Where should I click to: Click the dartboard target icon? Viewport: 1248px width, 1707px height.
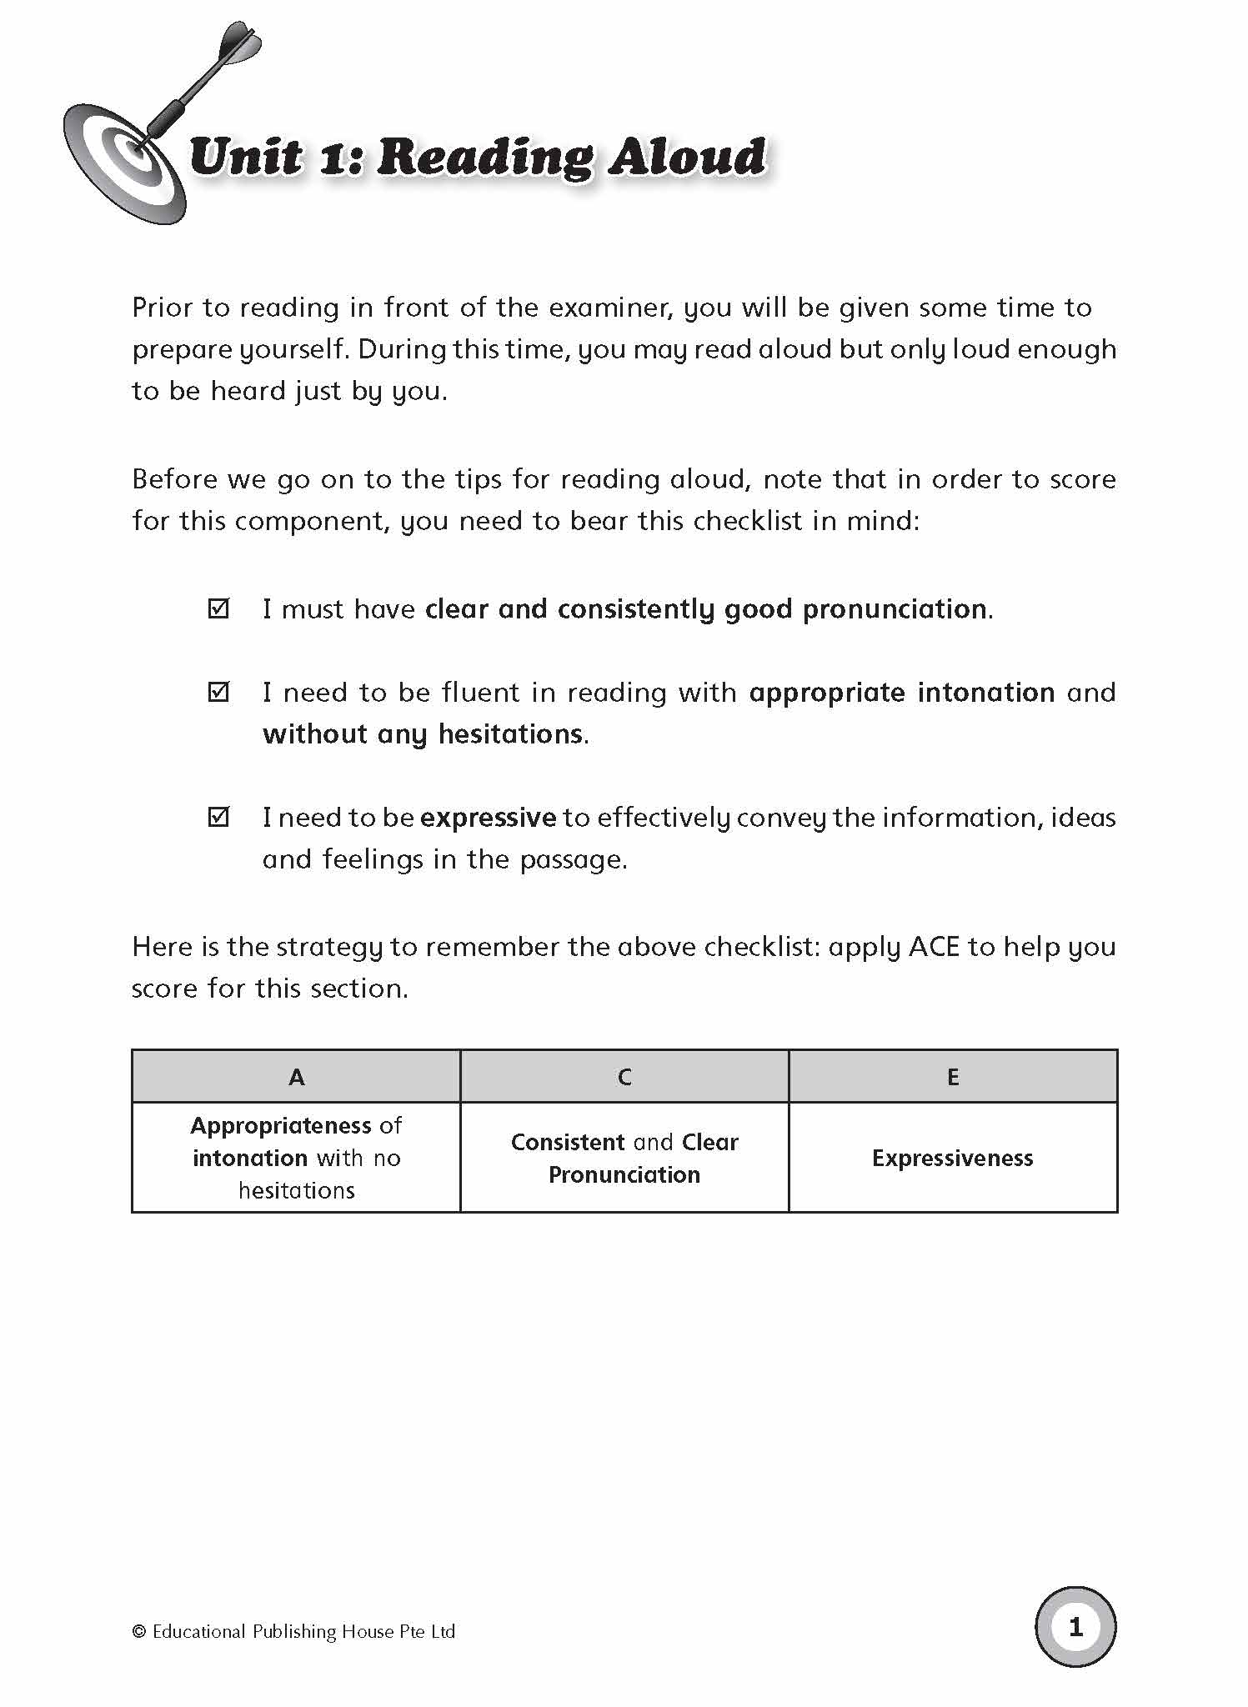[x=125, y=163]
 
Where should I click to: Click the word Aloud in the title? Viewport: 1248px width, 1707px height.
[x=686, y=157]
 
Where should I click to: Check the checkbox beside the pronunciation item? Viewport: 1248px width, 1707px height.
[x=218, y=608]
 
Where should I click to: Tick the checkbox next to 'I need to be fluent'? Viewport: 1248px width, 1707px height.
[x=218, y=692]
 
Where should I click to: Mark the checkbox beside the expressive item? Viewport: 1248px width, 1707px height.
[x=218, y=817]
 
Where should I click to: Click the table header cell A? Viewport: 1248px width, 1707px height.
[x=296, y=1077]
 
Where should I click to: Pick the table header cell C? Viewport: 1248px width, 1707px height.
[x=624, y=1077]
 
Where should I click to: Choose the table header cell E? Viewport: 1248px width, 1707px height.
[x=953, y=1077]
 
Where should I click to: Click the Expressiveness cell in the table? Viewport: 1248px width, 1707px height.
[x=953, y=1158]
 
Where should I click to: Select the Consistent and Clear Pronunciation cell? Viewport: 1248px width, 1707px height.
[x=624, y=1158]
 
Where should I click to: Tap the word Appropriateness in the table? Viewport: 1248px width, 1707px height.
[x=281, y=1126]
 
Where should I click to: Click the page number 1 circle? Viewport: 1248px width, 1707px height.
[x=1075, y=1626]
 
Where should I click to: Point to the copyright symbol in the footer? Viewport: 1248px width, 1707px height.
[x=139, y=1632]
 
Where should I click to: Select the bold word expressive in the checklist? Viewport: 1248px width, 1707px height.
[x=488, y=818]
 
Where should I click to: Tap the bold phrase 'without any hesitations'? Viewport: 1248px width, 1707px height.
[x=423, y=734]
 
